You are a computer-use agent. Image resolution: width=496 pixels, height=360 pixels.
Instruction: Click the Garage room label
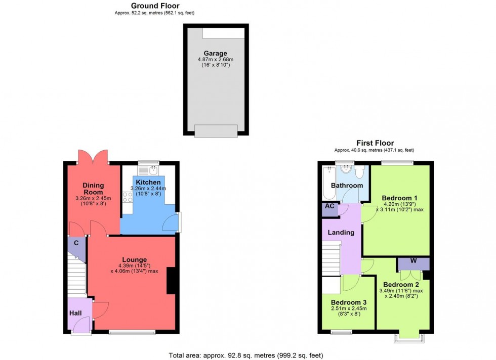(x=215, y=53)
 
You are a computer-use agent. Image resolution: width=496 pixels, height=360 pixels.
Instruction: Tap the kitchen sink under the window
(x=152, y=170)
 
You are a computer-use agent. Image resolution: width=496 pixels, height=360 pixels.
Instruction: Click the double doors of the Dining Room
(x=92, y=157)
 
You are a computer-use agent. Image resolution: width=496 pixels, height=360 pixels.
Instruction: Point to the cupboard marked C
(x=76, y=243)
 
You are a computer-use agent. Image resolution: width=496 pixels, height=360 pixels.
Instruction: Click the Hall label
(x=75, y=313)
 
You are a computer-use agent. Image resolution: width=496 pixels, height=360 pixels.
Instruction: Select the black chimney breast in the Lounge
(x=172, y=281)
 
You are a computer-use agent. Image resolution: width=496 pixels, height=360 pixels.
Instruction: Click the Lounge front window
(x=132, y=332)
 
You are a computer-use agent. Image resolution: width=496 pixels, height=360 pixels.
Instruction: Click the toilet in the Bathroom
(x=360, y=173)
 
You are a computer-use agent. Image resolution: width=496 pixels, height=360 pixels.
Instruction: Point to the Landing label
(x=341, y=232)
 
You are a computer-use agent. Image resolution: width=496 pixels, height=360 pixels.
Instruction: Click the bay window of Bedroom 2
(x=408, y=337)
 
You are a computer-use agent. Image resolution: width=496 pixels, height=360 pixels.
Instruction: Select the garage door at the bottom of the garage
(x=215, y=131)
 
